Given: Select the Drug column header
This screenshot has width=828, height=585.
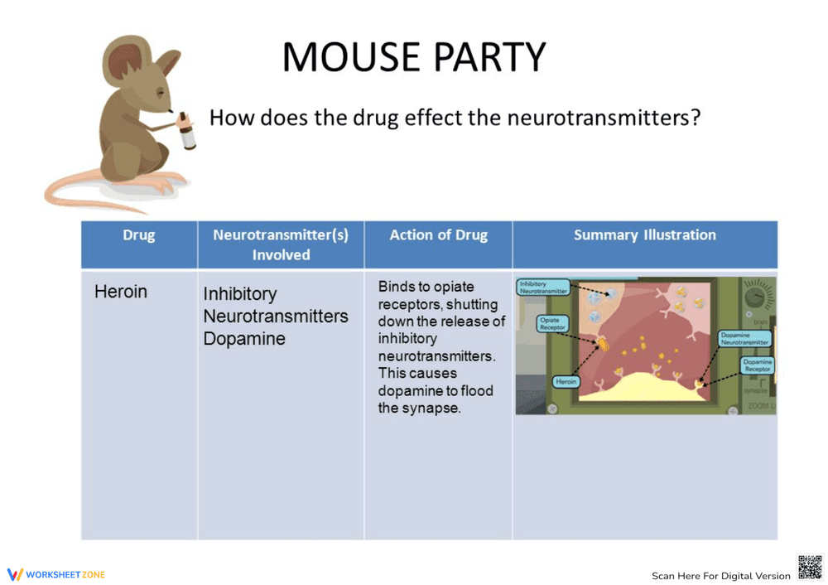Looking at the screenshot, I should (138, 235).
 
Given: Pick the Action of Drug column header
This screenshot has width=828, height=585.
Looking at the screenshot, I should (438, 235).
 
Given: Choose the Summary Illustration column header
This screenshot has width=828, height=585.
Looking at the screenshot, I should (644, 235).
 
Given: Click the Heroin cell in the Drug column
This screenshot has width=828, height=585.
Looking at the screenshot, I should (121, 292).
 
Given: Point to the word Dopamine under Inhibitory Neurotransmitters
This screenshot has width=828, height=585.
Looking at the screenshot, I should (244, 339).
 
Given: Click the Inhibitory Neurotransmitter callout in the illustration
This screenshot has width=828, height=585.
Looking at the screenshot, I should (543, 288).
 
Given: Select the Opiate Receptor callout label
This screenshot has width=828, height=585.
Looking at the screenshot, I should (552, 324).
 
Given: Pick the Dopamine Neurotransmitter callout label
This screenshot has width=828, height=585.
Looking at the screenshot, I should (745, 338).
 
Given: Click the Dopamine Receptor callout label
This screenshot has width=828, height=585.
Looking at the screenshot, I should (757, 365).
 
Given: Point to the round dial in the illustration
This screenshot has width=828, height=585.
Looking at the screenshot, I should (758, 296).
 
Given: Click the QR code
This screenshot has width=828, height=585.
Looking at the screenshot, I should (809, 568).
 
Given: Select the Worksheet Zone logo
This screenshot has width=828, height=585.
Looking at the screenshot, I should (56, 574).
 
